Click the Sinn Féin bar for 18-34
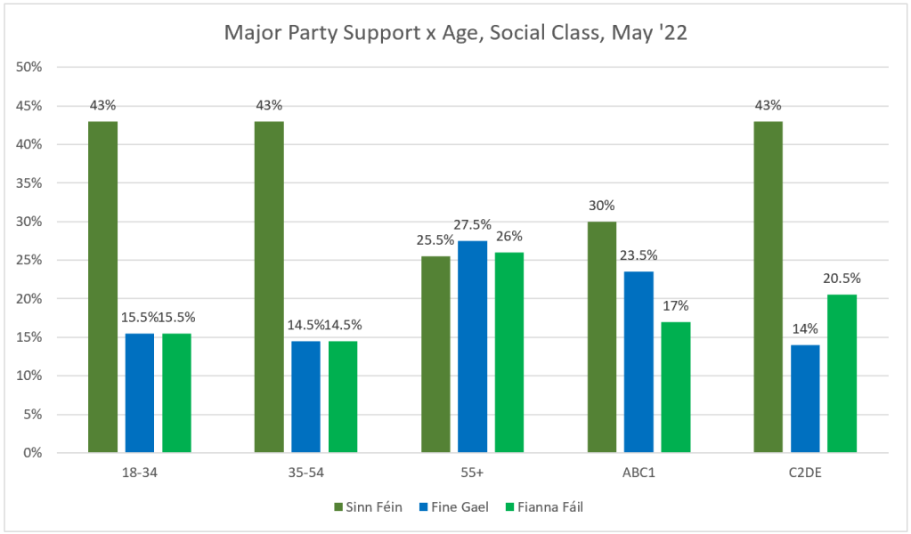tap(102, 287)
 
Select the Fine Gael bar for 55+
tap(473, 346)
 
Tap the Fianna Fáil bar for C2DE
tap(842, 373)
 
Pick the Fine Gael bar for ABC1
tap(639, 361)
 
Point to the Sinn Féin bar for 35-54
tap(269, 287)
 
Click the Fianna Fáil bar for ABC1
tap(676, 386)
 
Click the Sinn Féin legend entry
tap(369, 507)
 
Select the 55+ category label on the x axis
tap(472, 472)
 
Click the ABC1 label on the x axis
tap(639, 472)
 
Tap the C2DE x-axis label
tap(804, 472)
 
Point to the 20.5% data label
tap(843, 279)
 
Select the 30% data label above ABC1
tap(601, 206)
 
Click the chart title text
tap(455, 34)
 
